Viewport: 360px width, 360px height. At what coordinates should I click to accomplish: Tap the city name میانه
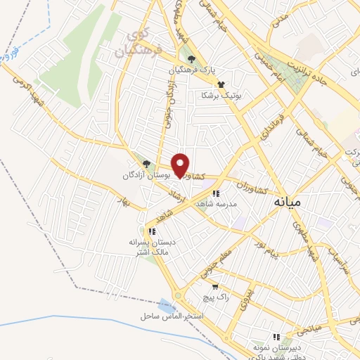pyautogui.click(x=285, y=201)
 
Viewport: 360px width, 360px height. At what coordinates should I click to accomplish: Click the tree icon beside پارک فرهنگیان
pyautogui.click(x=191, y=59)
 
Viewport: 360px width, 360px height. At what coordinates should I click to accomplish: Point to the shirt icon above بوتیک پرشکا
pyautogui.click(x=221, y=84)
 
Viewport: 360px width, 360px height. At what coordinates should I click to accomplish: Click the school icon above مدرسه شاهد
pyautogui.click(x=216, y=193)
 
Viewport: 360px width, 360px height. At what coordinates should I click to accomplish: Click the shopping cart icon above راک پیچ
pyautogui.click(x=214, y=287)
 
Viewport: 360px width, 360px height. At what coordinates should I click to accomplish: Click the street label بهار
pyautogui.click(x=126, y=202)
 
